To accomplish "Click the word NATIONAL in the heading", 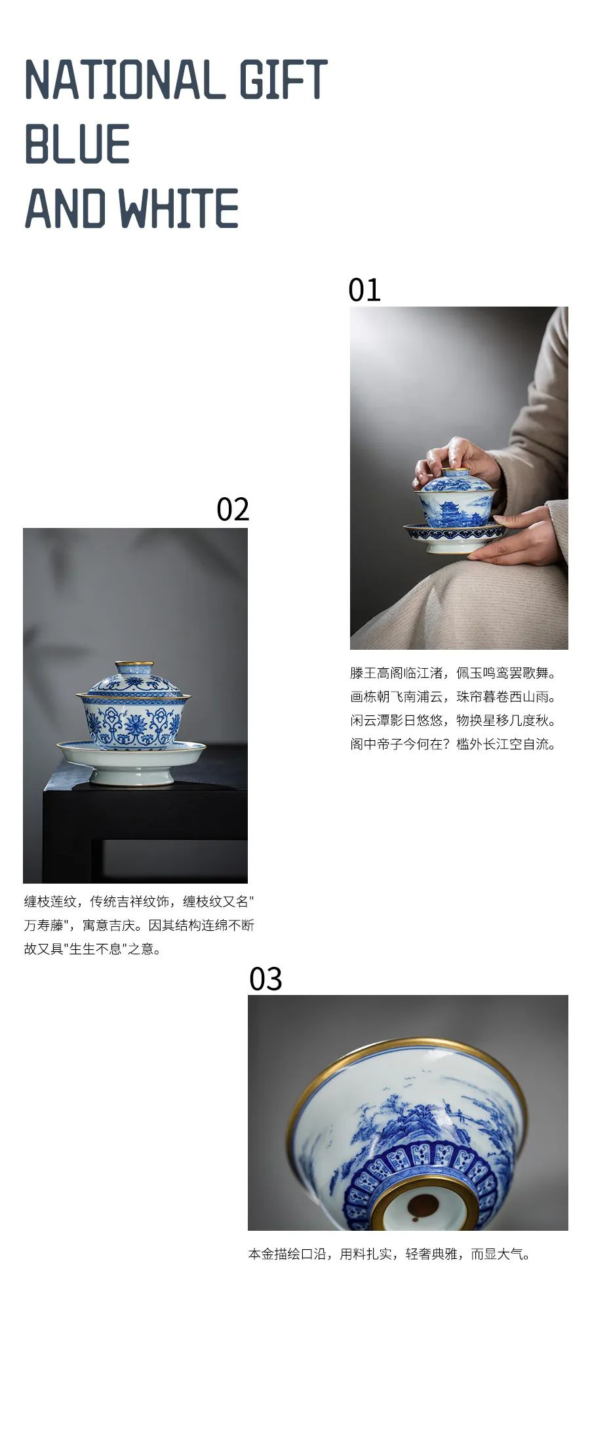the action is (123, 80).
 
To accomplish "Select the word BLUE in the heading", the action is (77, 144).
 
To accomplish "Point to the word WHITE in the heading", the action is (178, 208).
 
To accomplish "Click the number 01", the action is (364, 290).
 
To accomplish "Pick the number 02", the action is (233, 509).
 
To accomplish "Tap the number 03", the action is (265, 979).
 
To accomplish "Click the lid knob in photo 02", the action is (134, 668).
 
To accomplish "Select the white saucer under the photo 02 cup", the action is (131, 761).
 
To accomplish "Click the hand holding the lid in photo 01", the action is (456, 460).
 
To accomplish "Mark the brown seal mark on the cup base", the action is (423, 1204).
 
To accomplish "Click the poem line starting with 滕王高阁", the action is (453, 673).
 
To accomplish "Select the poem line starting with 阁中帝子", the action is (453, 744).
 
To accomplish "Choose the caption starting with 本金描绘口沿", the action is (389, 1254).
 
